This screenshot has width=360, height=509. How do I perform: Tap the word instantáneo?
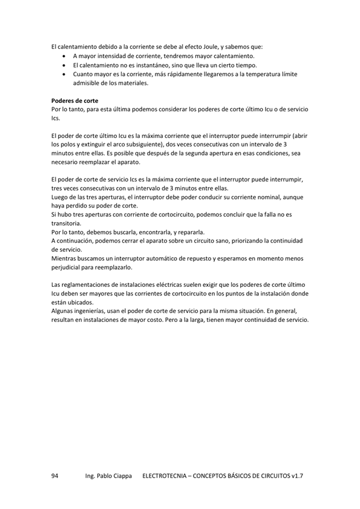[149, 65]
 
